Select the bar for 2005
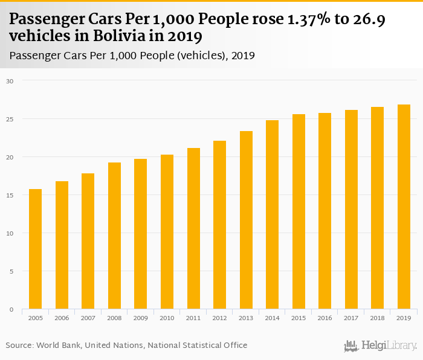36,249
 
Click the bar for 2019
404,207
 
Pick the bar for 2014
273,215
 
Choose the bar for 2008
115,236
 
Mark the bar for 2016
325,211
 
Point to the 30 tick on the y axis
9,80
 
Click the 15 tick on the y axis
9,195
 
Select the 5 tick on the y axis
10,271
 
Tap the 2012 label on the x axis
220,318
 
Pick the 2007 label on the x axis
88,318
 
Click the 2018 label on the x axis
378,318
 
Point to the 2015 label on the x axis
299,318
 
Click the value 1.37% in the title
307,21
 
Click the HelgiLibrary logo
381,346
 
